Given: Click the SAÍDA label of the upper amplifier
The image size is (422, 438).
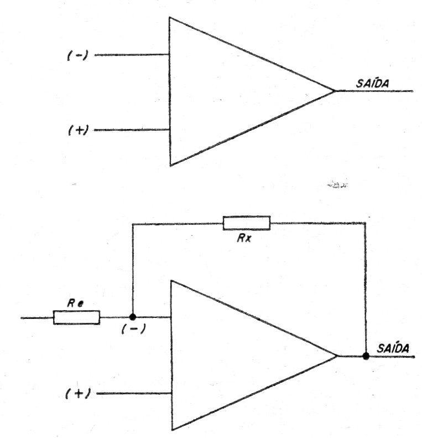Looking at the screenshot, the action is point(372,84).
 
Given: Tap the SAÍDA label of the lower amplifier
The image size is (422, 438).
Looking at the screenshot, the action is point(393,348).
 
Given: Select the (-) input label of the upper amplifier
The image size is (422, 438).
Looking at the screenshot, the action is point(77,55).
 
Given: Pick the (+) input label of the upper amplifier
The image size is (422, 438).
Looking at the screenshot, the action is point(79,130).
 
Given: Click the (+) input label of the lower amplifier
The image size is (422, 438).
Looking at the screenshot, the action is point(78,394).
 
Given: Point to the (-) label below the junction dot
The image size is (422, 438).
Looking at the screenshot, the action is point(134,329).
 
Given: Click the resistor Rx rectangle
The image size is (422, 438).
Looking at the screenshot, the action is point(247,223).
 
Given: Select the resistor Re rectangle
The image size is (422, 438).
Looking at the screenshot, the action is point(76,318).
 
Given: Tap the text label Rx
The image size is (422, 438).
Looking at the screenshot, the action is point(244,238).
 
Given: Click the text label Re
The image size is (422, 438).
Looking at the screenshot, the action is point(75,303).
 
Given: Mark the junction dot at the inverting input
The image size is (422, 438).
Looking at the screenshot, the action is point(133,317).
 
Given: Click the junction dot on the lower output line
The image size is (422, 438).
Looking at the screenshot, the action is point(366,356).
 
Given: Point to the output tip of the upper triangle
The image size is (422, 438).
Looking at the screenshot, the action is point(335,91).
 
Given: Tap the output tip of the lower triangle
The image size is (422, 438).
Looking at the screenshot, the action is point(337,356).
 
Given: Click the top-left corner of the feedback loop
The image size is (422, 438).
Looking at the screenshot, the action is point(133,224).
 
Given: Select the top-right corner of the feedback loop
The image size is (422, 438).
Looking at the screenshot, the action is point(366,223).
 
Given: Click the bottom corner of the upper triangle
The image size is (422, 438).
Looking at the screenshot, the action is point(170,166).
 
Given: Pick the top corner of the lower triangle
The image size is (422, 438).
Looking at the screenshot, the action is point(171,281).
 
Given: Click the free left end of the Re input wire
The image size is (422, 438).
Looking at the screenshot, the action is point(21,318).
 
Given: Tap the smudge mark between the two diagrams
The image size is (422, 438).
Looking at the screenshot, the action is point(337,184).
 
